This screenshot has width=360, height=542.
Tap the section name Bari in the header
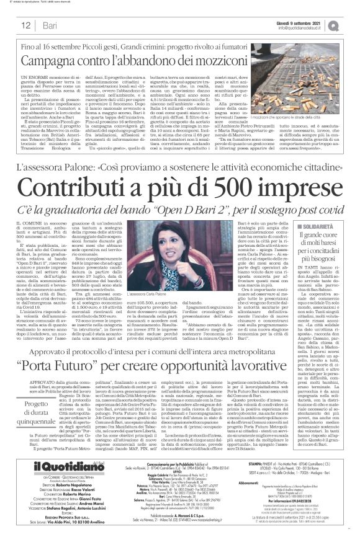[x=50, y=25]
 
